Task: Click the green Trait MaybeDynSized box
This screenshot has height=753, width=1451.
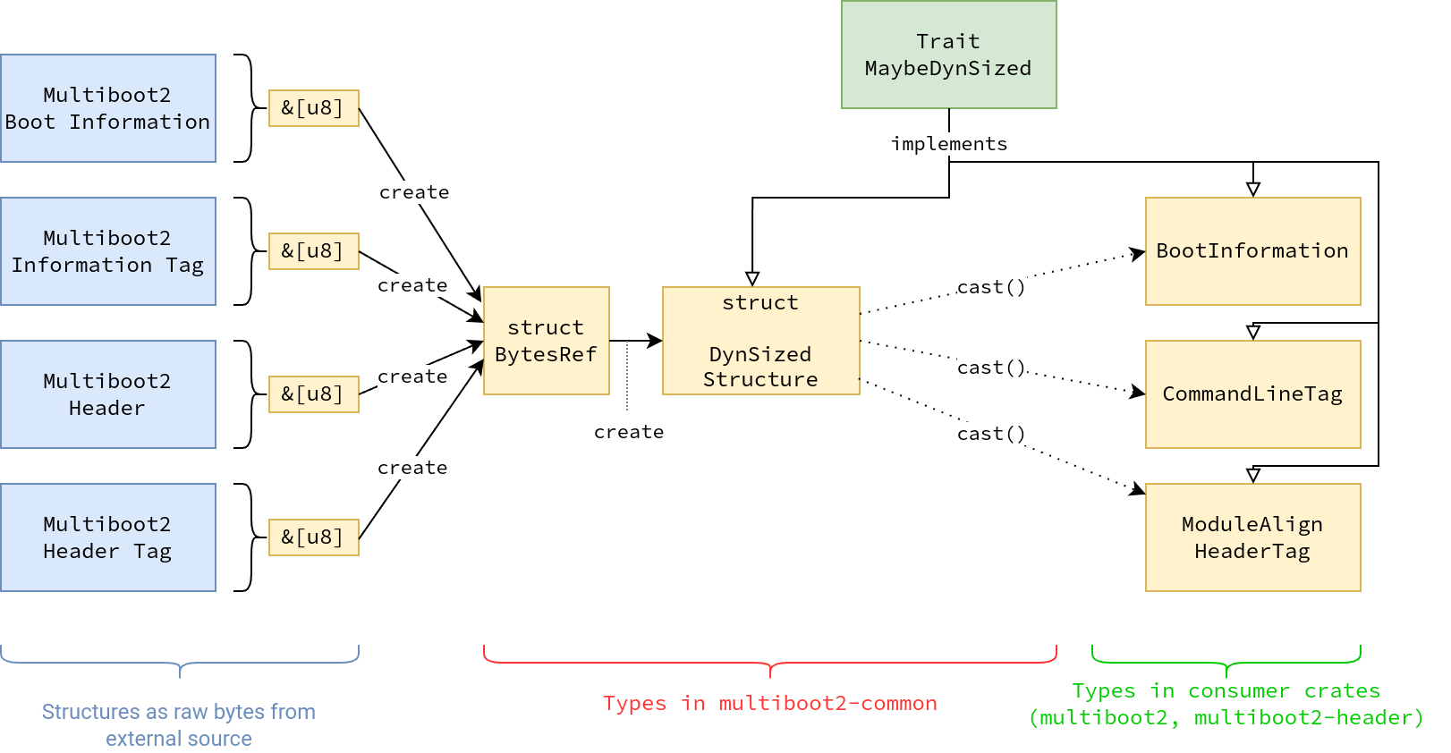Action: click(x=948, y=55)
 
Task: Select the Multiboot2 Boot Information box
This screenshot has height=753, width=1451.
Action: click(x=108, y=108)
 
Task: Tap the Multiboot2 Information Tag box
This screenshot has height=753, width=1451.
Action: click(x=108, y=251)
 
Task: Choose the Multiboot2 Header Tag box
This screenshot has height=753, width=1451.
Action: click(x=108, y=537)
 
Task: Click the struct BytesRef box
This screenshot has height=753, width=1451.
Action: click(x=546, y=341)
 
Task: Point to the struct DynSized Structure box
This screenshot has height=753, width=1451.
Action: click(x=761, y=341)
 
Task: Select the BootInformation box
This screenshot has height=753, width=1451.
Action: click(x=1252, y=251)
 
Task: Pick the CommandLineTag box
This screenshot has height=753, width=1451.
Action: click(x=1252, y=394)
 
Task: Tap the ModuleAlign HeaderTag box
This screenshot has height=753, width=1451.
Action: click(x=1252, y=537)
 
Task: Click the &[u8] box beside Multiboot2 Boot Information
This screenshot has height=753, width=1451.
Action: click(x=313, y=108)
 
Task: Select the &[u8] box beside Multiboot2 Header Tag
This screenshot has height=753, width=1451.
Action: click(x=313, y=537)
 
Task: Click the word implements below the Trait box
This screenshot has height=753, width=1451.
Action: click(x=949, y=144)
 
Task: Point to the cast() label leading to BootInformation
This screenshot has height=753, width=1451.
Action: click(x=991, y=287)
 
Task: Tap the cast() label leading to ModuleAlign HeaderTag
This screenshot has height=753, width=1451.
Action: click(x=991, y=433)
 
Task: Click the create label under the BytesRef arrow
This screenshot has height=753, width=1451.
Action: click(x=629, y=432)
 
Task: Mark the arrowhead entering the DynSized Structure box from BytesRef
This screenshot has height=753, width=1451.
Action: click(x=655, y=341)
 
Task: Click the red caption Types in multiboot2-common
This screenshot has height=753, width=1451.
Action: click(x=770, y=703)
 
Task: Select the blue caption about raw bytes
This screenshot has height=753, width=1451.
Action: click(x=179, y=725)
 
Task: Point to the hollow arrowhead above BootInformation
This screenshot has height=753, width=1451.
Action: click(x=1253, y=189)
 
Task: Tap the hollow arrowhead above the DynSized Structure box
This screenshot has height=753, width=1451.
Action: click(x=752, y=279)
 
